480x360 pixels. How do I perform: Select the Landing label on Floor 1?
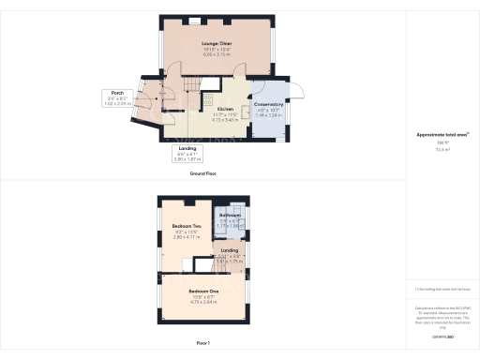click(229, 250)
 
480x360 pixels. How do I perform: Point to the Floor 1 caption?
click(202, 344)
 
